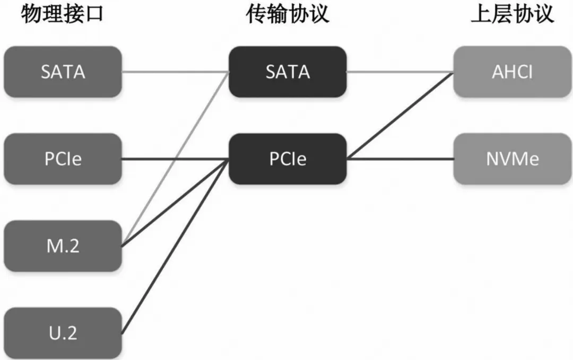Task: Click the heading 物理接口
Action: (62, 15)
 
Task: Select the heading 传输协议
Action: (287, 15)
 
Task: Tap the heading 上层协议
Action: (512, 15)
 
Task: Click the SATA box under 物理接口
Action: (63, 72)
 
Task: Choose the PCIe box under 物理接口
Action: (63, 159)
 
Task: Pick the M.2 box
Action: (63, 246)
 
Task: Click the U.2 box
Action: (63, 333)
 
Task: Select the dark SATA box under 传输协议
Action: (288, 72)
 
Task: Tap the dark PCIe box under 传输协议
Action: (288, 159)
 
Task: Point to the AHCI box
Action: (512, 72)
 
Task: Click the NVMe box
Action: (512, 159)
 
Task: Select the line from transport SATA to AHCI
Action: (400, 72)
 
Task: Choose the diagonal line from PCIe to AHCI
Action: (400, 116)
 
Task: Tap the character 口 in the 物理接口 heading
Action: (93, 15)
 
